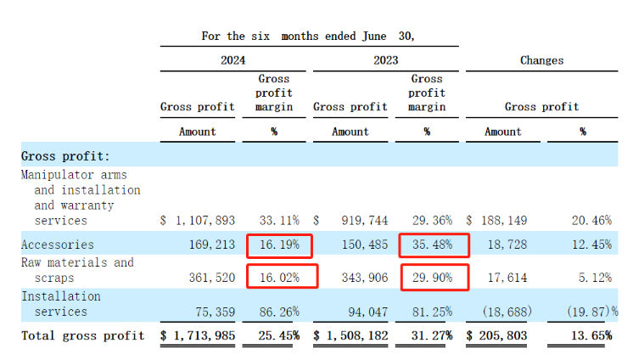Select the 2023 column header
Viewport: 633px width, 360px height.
coord(384,60)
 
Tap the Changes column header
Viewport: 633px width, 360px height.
coord(541,60)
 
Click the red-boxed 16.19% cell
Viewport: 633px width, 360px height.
coord(278,245)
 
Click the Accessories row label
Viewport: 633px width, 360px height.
coord(57,245)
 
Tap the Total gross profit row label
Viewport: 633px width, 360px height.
coord(83,335)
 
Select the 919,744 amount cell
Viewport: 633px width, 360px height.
coord(360,220)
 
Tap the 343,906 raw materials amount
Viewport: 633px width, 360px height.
coord(360,278)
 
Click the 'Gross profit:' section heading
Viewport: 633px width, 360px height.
coord(65,156)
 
